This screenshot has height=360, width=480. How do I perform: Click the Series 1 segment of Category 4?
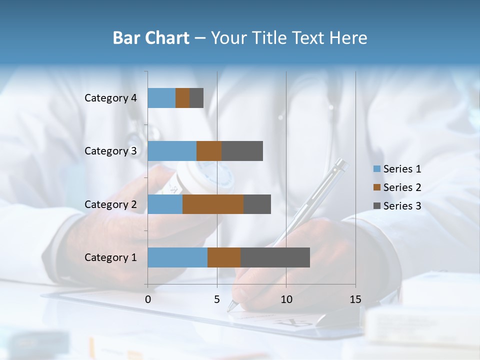tap(161, 98)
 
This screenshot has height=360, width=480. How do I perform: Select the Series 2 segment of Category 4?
tap(182, 98)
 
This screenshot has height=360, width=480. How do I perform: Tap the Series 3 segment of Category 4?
tap(196, 98)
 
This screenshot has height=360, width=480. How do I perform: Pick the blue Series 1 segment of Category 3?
tap(172, 151)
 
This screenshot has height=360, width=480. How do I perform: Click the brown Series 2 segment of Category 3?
tap(209, 151)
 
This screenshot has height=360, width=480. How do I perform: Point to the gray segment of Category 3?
tap(242, 151)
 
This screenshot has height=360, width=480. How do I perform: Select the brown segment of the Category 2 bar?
tap(213, 204)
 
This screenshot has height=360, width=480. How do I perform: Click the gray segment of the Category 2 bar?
tap(257, 204)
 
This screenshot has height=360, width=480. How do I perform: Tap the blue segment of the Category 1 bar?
tap(177, 257)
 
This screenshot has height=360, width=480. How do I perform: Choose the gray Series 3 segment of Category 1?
tap(275, 257)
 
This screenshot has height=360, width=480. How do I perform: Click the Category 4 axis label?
tap(110, 98)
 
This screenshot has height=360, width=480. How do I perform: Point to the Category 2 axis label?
tap(110, 204)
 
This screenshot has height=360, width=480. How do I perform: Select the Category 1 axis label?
tap(110, 257)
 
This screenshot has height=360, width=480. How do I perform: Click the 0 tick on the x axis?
tap(148, 299)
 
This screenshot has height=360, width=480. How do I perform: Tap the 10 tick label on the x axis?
tap(286, 299)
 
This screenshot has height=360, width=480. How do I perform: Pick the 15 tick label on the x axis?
tap(355, 299)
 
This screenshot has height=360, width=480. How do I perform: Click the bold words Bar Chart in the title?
tap(151, 38)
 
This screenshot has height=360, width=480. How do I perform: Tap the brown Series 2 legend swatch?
tap(376, 187)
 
